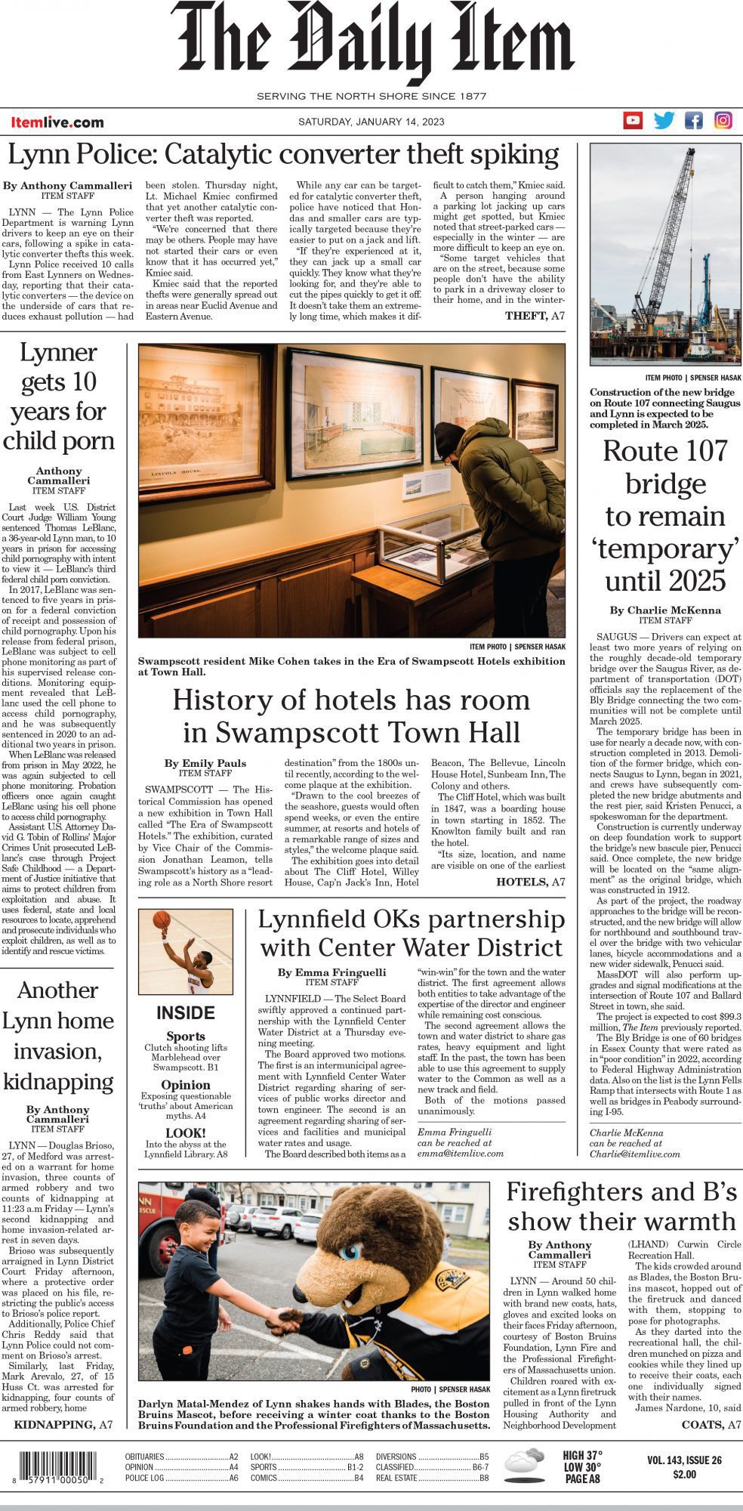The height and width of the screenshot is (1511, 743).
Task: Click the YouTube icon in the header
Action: [633, 120]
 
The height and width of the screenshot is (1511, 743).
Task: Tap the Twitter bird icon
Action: [664, 120]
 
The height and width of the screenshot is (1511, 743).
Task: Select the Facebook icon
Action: [693, 120]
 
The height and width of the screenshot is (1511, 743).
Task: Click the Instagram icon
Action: [723, 120]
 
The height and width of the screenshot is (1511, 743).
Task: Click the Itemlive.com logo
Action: [57, 122]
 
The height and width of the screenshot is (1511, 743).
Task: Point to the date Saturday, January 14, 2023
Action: [371, 122]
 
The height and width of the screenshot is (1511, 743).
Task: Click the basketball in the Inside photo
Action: [162, 919]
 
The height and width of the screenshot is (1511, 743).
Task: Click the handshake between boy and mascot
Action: [285, 1321]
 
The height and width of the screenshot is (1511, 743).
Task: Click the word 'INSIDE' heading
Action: [186, 1013]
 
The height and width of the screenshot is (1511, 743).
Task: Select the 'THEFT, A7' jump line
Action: [535, 316]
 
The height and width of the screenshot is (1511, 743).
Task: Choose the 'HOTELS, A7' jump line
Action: [530, 882]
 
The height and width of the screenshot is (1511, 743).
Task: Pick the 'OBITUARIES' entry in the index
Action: [144, 1457]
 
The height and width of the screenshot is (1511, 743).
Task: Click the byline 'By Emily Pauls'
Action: [205, 763]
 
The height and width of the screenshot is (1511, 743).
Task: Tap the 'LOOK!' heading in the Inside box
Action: [185, 1132]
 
